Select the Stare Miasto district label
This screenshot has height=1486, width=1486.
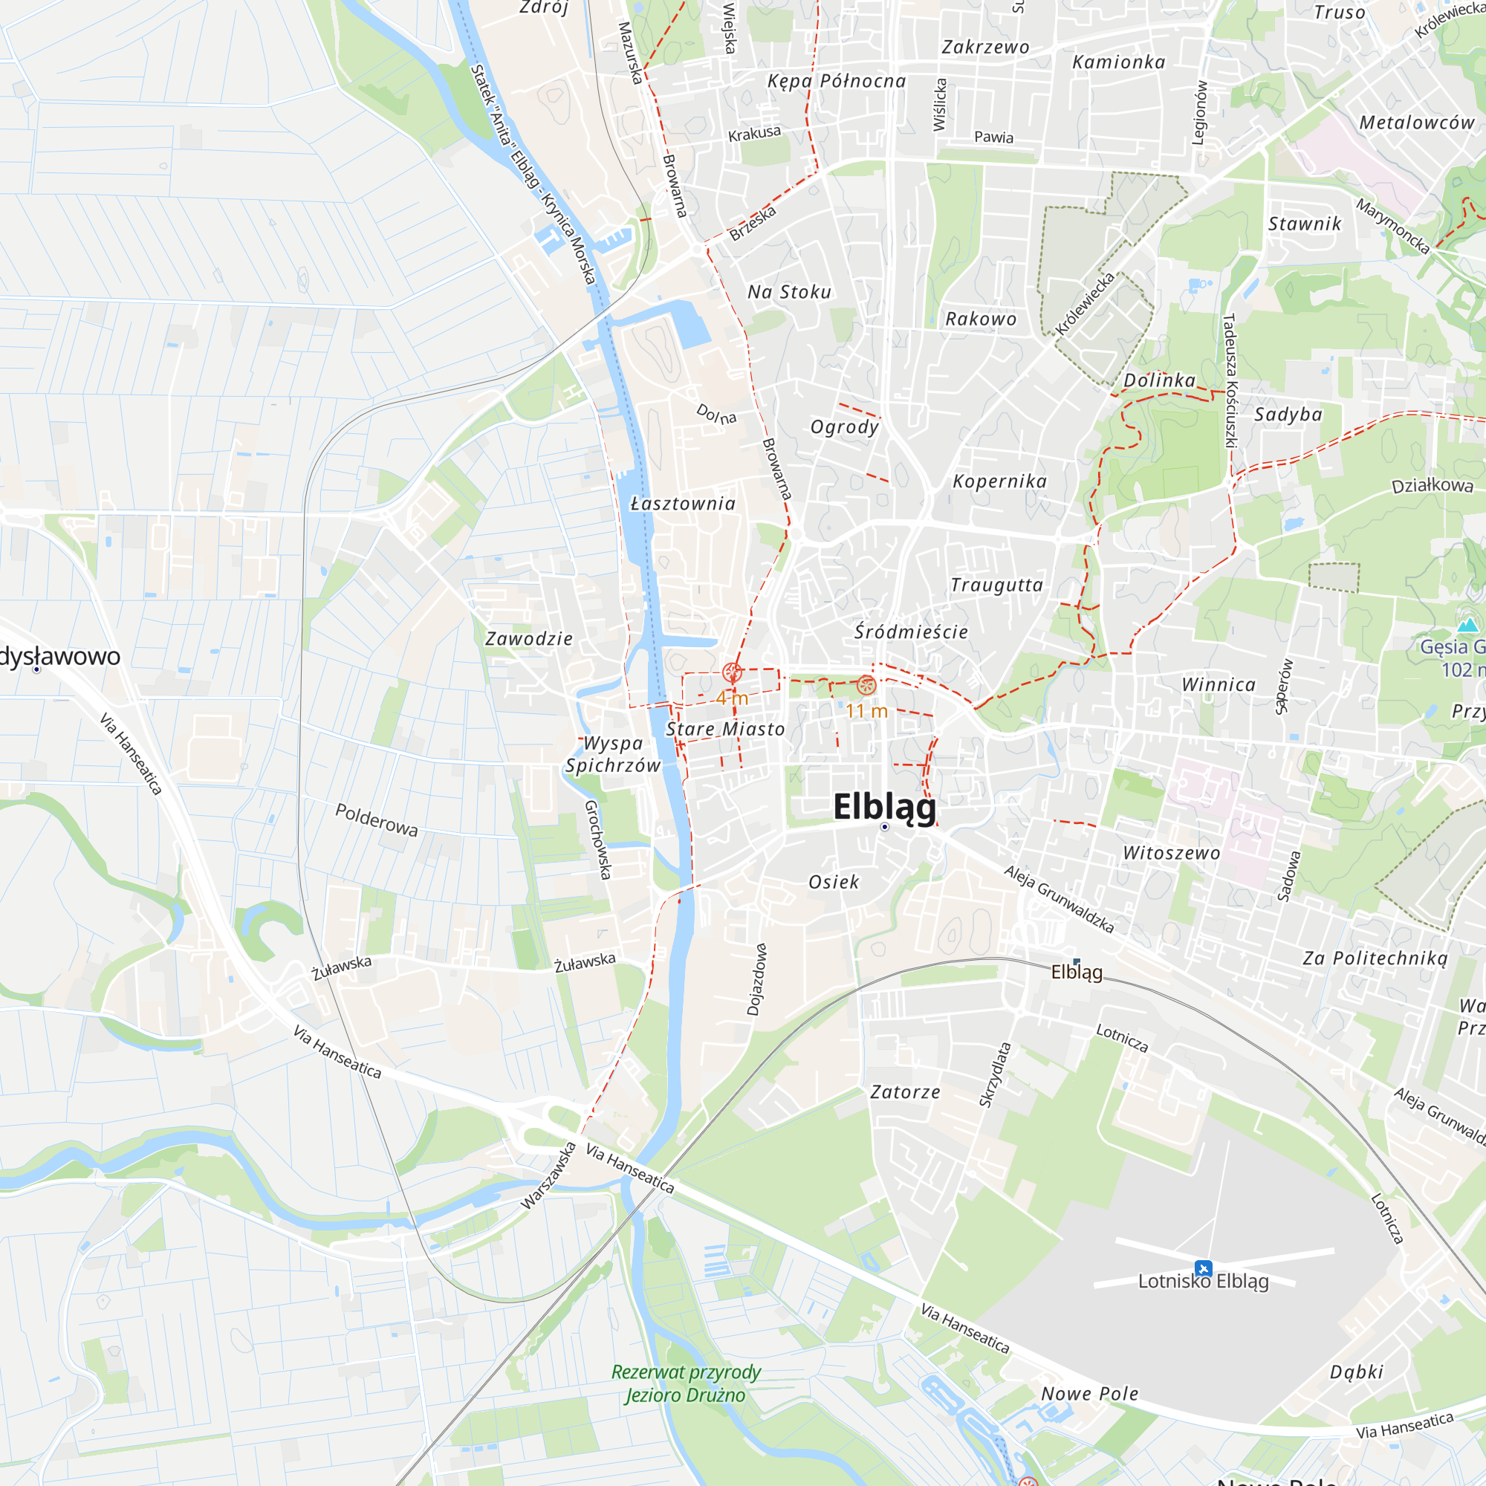pyautogui.click(x=725, y=729)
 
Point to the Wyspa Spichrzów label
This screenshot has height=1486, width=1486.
pyautogui.click(x=613, y=755)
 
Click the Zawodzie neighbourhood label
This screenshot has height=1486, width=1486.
pyautogui.click(x=529, y=638)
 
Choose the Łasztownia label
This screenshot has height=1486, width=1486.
pyautogui.click(x=683, y=504)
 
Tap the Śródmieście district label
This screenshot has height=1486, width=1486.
pyautogui.click(x=912, y=632)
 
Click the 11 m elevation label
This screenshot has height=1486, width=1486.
pyautogui.click(x=867, y=712)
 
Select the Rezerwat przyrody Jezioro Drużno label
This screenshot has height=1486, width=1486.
pyautogui.click(x=686, y=1383)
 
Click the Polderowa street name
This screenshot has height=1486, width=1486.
pyautogui.click(x=377, y=820)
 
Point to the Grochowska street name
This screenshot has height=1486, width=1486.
pyautogui.click(x=597, y=839)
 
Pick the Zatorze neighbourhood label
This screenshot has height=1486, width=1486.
pyautogui.click(x=905, y=1092)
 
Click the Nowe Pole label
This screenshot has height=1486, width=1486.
pyautogui.click(x=1089, y=1394)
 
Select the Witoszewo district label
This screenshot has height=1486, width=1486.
pyautogui.click(x=1172, y=853)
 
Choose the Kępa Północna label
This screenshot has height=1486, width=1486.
pyautogui.click(x=837, y=81)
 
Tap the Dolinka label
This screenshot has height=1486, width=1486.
pyautogui.click(x=1159, y=380)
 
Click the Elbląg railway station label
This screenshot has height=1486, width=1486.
pyautogui.click(x=1077, y=972)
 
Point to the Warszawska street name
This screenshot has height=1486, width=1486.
pyautogui.click(x=548, y=1176)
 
